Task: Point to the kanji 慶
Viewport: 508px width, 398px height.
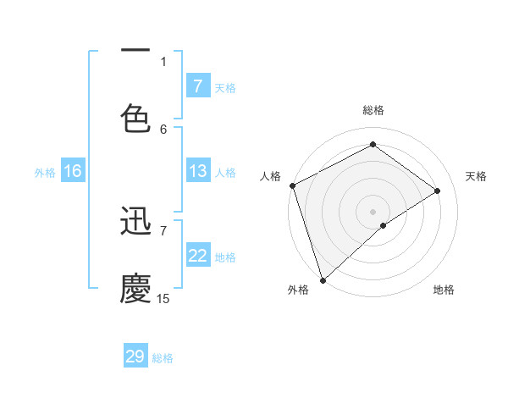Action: pos(135,288)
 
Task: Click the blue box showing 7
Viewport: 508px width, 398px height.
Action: pos(197,86)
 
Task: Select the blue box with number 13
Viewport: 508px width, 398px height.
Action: pos(197,171)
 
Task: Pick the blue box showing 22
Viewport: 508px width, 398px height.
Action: pos(197,257)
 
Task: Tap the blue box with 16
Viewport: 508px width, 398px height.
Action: pos(72,171)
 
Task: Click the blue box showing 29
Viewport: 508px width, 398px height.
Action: pos(135,357)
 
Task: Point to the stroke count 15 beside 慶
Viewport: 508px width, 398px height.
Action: pos(163,298)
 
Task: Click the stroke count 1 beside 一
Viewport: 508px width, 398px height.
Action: pos(163,61)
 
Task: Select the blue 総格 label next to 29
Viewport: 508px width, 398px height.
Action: pos(163,358)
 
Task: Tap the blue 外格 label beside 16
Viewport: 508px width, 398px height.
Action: pos(45,172)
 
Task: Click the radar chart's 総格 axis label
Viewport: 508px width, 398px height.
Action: pos(373,110)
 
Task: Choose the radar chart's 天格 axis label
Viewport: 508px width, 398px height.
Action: pos(476,176)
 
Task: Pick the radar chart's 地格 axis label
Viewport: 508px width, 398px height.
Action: pos(444,290)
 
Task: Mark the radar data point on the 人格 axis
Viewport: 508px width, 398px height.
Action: pos(292,185)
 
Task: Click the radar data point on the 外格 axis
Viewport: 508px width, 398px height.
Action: pos(323,279)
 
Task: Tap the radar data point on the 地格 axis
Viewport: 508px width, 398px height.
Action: pos(384,225)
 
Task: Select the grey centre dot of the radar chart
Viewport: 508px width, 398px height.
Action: pos(373,211)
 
